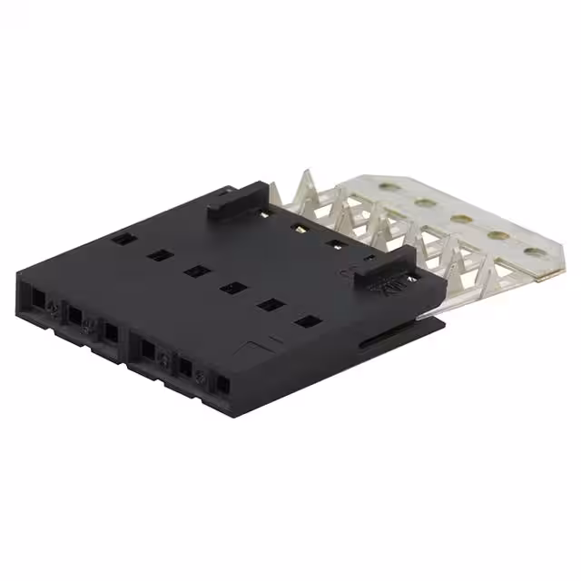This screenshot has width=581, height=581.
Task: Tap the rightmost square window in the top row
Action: click(308, 320)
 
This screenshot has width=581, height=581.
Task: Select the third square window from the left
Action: click(195, 271)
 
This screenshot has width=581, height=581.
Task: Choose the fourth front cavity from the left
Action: click(146, 350)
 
